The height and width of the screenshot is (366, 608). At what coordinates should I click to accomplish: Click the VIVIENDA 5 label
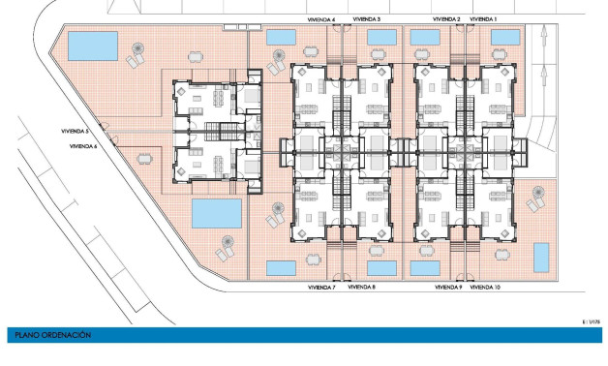point(74,131)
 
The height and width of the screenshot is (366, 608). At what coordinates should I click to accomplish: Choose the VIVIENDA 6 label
point(83,145)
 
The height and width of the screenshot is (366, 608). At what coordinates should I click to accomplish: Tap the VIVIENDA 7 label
point(321,288)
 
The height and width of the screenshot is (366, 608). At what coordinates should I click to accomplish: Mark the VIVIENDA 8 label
point(361,288)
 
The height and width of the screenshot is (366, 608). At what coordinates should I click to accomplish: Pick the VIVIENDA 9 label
point(447,288)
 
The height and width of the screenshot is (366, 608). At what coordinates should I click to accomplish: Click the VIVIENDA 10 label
point(485,288)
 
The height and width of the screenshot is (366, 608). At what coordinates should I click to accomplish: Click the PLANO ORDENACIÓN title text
point(53,335)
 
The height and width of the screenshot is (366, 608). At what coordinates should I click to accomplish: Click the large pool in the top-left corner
point(94,45)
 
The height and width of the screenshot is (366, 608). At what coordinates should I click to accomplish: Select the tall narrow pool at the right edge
point(541,257)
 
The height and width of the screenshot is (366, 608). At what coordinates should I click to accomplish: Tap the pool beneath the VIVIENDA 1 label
point(505,37)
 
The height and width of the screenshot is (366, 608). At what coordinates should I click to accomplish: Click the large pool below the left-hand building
point(217,212)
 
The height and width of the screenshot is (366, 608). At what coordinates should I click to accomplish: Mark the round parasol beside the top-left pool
point(143,47)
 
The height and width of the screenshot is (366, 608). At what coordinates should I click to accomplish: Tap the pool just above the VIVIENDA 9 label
point(424,268)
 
